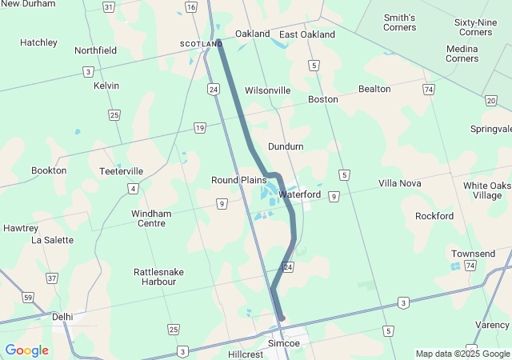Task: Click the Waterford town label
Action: point(300,194)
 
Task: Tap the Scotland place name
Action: point(200,43)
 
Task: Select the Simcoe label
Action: point(283,343)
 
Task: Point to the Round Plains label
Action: point(238,180)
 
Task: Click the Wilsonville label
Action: point(267,90)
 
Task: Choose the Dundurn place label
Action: point(286,146)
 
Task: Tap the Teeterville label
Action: point(122,171)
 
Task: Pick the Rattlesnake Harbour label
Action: point(159,277)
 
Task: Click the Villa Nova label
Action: point(399,183)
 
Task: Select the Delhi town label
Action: point(62,317)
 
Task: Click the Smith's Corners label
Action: point(400,22)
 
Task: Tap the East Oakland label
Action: point(307,34)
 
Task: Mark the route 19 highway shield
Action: point(199,128)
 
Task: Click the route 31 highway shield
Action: point(109,7)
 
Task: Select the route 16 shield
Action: point(190,7)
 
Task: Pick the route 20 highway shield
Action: point(490,100)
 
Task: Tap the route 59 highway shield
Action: point(28,298)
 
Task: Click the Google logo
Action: point(26,350)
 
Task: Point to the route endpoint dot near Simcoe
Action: point(282,318)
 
